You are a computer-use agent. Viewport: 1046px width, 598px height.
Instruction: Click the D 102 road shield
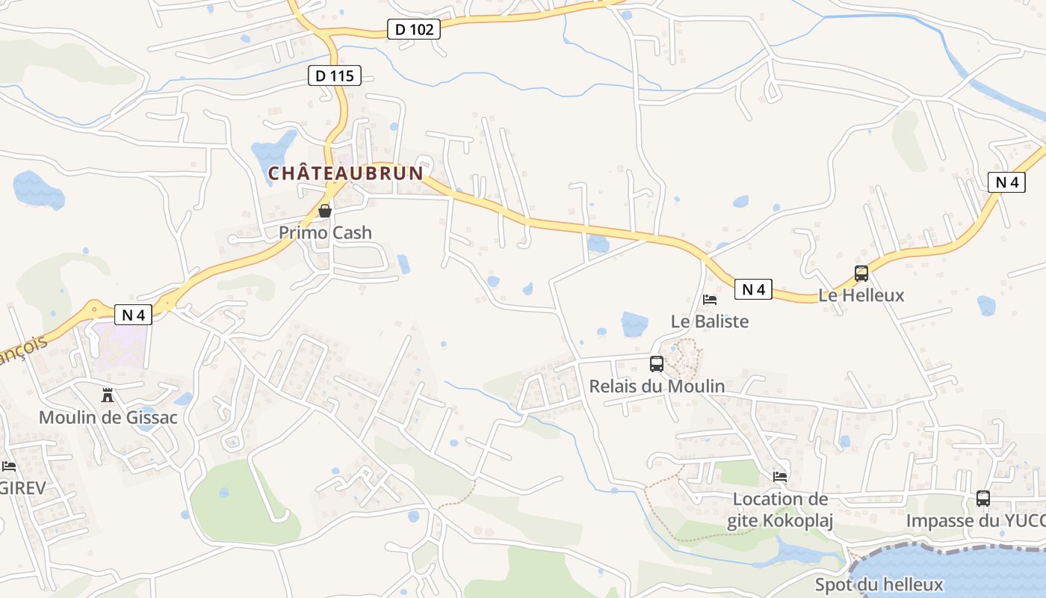(x=414, y=29)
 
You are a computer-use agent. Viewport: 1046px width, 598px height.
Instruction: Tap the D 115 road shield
(x=335, y=75)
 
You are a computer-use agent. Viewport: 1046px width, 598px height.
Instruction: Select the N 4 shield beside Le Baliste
(x=752, y=289)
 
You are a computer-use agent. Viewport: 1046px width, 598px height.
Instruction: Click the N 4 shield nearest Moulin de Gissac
(x=133, y=315)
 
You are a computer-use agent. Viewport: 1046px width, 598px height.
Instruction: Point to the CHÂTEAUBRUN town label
(x=346, y=173)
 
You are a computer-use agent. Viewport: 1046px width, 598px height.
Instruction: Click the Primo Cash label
(x=325, y=232)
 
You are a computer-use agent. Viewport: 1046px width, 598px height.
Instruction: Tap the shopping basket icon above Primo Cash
(x=325, y=212)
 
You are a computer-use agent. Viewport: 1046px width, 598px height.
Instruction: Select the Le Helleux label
(x=861, y=295)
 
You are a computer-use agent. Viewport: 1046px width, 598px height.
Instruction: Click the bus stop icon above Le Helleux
(x=861, y=274)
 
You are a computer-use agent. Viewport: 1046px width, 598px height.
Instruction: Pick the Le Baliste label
(x=710, y=321)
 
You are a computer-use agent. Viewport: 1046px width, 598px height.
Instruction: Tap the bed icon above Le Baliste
(x=710, y=300)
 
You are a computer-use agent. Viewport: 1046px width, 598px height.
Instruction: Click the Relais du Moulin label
(x=657, y=386)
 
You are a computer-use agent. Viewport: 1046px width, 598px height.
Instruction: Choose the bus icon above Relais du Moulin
(x=657, y=364)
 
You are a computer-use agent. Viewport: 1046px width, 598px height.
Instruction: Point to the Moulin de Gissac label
(x=108, y=417)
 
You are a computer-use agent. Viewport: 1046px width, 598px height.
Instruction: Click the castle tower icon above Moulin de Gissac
(x=108, y=395)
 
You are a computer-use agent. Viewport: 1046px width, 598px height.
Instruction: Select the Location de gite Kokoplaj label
(x=780, y=510)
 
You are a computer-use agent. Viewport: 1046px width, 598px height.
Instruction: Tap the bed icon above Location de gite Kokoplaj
(x=780, y=477)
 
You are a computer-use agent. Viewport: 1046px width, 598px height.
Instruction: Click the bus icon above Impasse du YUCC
(x=983, y=499)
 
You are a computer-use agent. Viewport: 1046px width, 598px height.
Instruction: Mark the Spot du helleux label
(x=879, y=585)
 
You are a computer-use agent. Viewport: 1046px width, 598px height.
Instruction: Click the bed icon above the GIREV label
(x=9, y=466)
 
